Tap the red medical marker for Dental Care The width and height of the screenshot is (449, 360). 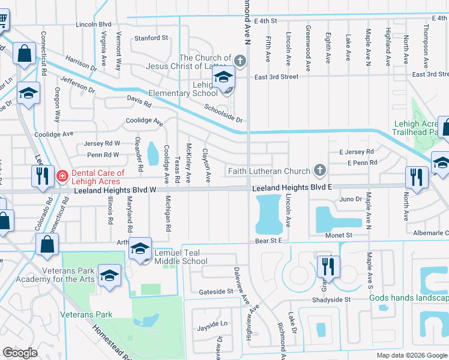[62, 176]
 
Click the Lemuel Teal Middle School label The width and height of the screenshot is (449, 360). [181, 257]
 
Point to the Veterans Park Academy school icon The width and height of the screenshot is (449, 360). [109, 276]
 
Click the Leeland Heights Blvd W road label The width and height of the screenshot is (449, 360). [115, 190]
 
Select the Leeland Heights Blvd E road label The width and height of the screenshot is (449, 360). [292, 188]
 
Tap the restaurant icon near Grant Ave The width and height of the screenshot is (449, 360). [328, 266]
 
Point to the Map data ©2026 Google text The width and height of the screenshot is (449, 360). [412, 355]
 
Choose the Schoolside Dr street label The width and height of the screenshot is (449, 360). [223, 112]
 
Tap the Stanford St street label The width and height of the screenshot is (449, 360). [151, 38]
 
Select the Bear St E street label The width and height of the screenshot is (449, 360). [268, 241]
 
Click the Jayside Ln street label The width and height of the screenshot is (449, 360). [212, 328]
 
